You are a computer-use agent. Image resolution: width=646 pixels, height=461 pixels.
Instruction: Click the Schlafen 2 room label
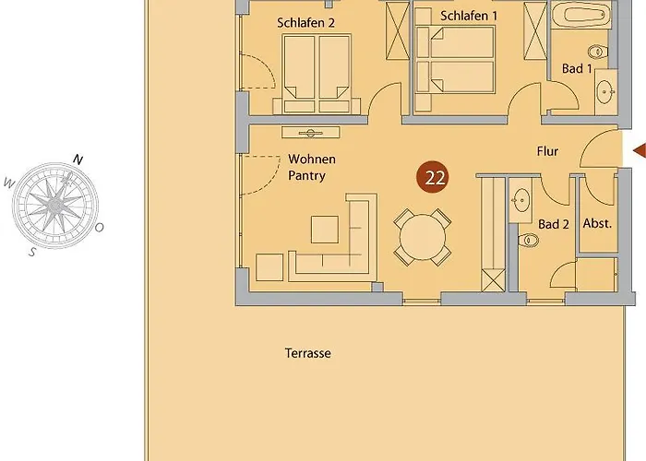(305, 23)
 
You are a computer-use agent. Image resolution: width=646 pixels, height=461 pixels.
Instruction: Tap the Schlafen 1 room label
(469, 16)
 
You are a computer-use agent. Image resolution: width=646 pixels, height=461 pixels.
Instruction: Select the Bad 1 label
(577, 68)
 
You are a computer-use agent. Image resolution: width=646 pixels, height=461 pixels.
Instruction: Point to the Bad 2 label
(554, 224)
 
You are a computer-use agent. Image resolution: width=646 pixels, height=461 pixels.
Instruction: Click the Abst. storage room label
(597, 223)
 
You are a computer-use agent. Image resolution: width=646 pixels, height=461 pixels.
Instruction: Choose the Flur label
(547, 151)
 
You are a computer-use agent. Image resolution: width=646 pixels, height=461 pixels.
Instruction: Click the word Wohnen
(312, 159)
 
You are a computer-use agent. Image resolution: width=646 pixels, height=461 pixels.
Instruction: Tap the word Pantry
(307, 176)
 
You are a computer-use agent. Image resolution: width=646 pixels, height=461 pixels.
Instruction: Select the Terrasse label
(308, 353)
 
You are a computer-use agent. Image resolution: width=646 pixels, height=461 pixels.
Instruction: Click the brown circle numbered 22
(435, 178)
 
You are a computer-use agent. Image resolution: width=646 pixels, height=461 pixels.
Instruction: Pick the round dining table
(423, 237)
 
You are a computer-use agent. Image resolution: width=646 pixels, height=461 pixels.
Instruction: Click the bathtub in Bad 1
(580, 16)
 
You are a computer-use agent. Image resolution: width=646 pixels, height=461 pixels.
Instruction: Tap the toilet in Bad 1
(597, 52)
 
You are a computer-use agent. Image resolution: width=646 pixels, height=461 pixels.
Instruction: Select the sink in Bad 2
(521, 200)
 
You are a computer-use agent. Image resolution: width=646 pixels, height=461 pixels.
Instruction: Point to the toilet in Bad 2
(528, 241)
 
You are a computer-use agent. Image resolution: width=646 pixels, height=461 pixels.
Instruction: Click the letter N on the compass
(78, 160)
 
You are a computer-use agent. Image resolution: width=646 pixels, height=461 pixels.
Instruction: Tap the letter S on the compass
(31, 252)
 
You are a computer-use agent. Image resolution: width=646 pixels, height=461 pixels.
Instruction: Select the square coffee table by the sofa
(325, 230)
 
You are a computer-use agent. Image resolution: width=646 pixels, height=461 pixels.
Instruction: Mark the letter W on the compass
(8, 183)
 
